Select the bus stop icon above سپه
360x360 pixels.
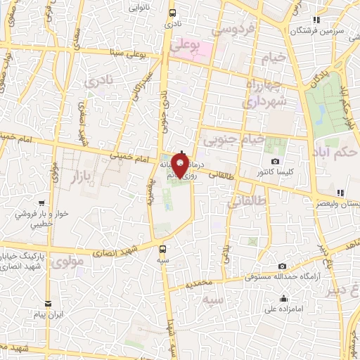[x=163, y=249]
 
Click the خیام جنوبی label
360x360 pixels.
[x=234, y=140]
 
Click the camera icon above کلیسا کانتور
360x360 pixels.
[x=275, y=162]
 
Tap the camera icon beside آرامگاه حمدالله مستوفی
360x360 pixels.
[x=282, y=266]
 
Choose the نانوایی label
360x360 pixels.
[x=137, y=8]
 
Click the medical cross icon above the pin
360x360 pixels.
[x=183, y=153]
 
